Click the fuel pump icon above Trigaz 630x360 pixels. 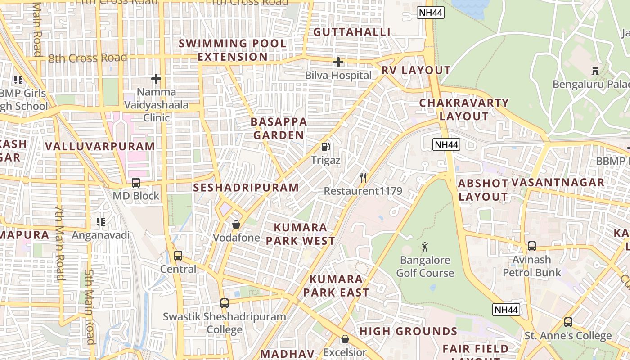coord(325,147)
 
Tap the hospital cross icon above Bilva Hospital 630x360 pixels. coord(338,62)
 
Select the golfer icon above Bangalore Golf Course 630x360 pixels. coord(425,247)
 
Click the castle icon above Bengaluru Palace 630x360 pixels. coord(595,71)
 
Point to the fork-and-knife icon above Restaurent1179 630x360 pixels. coord(363,178)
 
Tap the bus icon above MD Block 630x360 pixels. coord(135,183)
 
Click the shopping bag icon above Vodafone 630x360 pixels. coord(236,224)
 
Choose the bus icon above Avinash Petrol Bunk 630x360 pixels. coord(532,246)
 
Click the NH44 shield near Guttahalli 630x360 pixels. coord(431,13)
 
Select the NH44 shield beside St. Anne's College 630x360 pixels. coord(506,310)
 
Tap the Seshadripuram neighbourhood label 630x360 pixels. coord(246,188)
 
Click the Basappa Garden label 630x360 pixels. coord(279,128)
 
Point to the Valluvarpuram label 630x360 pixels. coord(100,146)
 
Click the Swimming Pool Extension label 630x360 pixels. coord(233,50)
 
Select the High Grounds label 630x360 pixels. coord(408,332)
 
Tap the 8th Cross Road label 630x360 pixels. coord(88,58)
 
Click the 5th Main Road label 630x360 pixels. coord(90,306)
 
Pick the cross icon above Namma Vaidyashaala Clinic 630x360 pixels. coord(156,79)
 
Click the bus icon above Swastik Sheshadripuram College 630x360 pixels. coord(225,303)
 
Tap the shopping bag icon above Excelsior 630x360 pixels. coord(345,339)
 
